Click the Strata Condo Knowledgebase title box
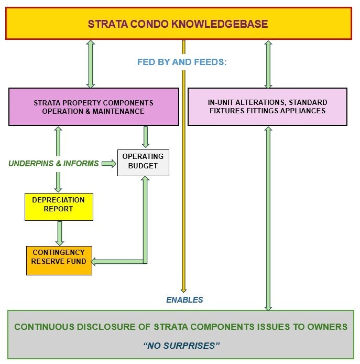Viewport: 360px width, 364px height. pos(178,24)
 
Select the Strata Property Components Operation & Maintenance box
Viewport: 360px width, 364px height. pos(93,106)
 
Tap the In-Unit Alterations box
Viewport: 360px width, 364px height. pos(267,106)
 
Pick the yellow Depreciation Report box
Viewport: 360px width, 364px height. pos(59,206)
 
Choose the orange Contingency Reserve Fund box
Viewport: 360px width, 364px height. pos(59,260)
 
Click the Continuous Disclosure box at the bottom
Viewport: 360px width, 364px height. pos(181,335)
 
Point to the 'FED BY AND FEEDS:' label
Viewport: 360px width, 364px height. pos(181,62)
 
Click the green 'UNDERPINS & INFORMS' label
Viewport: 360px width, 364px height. pos(53,164)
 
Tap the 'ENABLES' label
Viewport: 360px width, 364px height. pos(184,300)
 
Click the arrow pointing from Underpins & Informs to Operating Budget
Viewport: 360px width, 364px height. pos(109,164)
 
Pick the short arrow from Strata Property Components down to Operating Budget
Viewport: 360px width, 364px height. pos(146,136)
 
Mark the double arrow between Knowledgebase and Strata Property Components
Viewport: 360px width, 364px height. pos(91,64)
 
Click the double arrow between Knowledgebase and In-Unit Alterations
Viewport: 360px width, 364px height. pos(268,64)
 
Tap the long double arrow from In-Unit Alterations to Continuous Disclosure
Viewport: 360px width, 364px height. pos(268,218)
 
